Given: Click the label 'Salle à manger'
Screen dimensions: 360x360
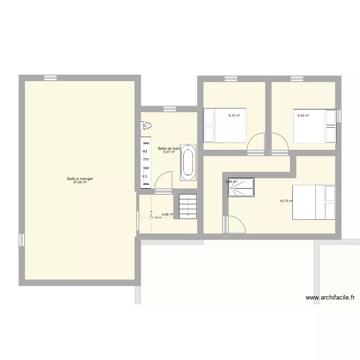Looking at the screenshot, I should [80, 179].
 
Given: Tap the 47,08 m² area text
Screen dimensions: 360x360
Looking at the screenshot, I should [80, 182].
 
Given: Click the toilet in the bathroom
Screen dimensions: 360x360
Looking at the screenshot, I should [146, 126].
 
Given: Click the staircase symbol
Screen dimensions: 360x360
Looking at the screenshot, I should [187, 206].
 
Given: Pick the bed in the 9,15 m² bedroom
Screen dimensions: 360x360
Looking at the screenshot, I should [224, 126].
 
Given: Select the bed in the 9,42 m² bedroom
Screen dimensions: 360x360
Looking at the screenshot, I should [314, 126].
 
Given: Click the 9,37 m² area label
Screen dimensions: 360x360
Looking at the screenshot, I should [168, 152].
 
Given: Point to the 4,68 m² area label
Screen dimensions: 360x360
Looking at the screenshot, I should [167, 215].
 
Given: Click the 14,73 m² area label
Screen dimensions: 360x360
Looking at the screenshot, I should [286, 201].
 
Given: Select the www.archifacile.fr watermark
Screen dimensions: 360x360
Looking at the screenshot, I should [331, 298].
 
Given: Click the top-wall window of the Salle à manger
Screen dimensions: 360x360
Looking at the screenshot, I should [50, 78].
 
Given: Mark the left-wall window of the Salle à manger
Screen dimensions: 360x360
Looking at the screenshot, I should [22, 240].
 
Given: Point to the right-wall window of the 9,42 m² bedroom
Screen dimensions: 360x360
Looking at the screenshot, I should [338, 116].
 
